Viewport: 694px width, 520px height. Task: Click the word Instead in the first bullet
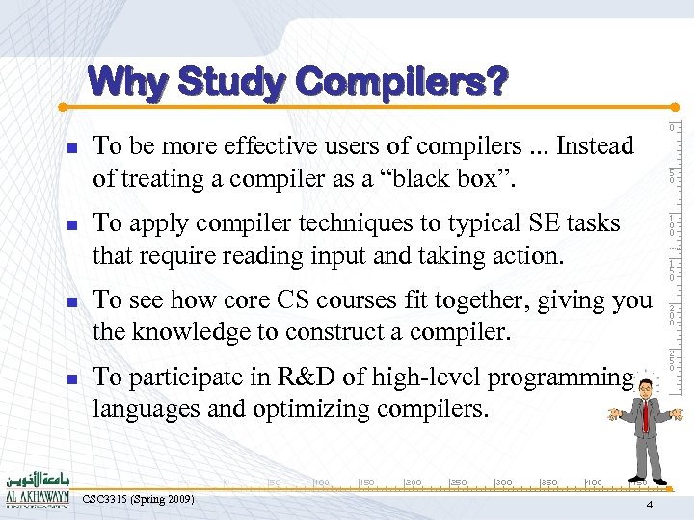coord(597,146)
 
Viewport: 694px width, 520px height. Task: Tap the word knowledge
coord(187,333)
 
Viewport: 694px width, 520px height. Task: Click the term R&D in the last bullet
coord(304,377)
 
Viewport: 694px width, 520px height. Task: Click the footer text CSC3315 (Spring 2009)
coord(139,499)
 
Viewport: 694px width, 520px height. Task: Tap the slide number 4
coord(650,506)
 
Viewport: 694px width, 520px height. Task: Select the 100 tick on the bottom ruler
coord(322,482)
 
